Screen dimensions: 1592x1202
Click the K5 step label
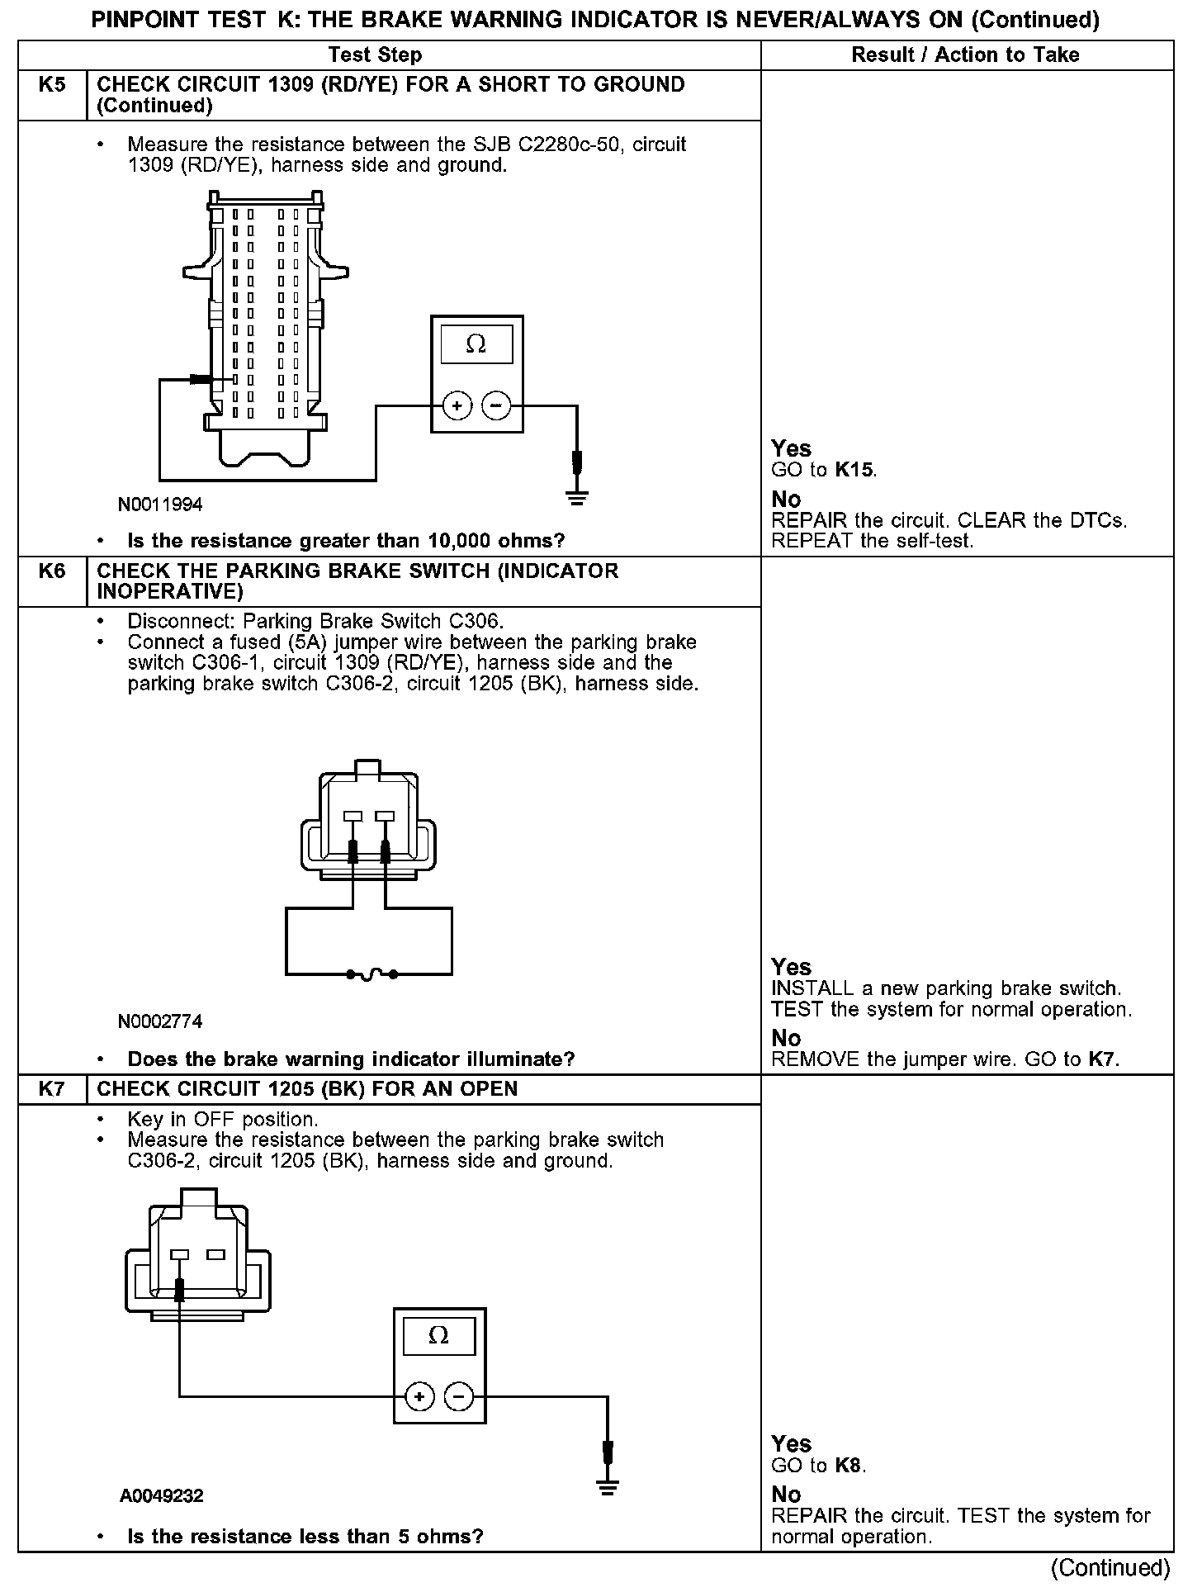pyautogui.click(x=51, y=85)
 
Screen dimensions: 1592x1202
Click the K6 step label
pyautogui.click(x=51, y=571)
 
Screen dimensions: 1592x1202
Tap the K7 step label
pyautogui.click(x=51, y=1089)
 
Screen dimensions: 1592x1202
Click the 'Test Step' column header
pyautogui.click(x=375, y=55)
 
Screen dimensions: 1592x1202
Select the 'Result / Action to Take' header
pyautogui.click(x=965, y=55)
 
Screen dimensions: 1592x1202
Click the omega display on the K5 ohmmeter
pyautogui.click(x=476, y=344)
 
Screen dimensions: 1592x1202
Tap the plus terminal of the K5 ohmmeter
pyautogui.click(x=457, y=406)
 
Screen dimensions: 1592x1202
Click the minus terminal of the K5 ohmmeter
pyautogui.click(x=495, y=406)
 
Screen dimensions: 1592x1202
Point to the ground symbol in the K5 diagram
pyautogui.click(x=577, y=497)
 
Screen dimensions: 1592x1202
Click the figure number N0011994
pyautogui.click(x=160, y=505)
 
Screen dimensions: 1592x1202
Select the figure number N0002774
pyautogui.click(x=160, y=1022)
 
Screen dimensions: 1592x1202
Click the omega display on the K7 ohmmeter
pyautogui.click(x=438, y=1336)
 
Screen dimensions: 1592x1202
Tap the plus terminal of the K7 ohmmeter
pyautogui.click(x=420, y=1397)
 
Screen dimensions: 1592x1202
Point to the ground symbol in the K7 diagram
pyautogui.click(x=608, y=1489)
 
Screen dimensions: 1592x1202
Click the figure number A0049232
pyautogui.click(x=162, y=1496)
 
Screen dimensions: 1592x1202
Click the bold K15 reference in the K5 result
pyautogui.click(x=854, y=471)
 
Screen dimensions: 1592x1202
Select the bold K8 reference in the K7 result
pyautogui.click(x=848, y=1466)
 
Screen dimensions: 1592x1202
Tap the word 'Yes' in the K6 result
pyautogui.click(x=791, y=967)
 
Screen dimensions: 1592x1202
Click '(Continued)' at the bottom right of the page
pyautogui.click(x=1110, y=1567)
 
